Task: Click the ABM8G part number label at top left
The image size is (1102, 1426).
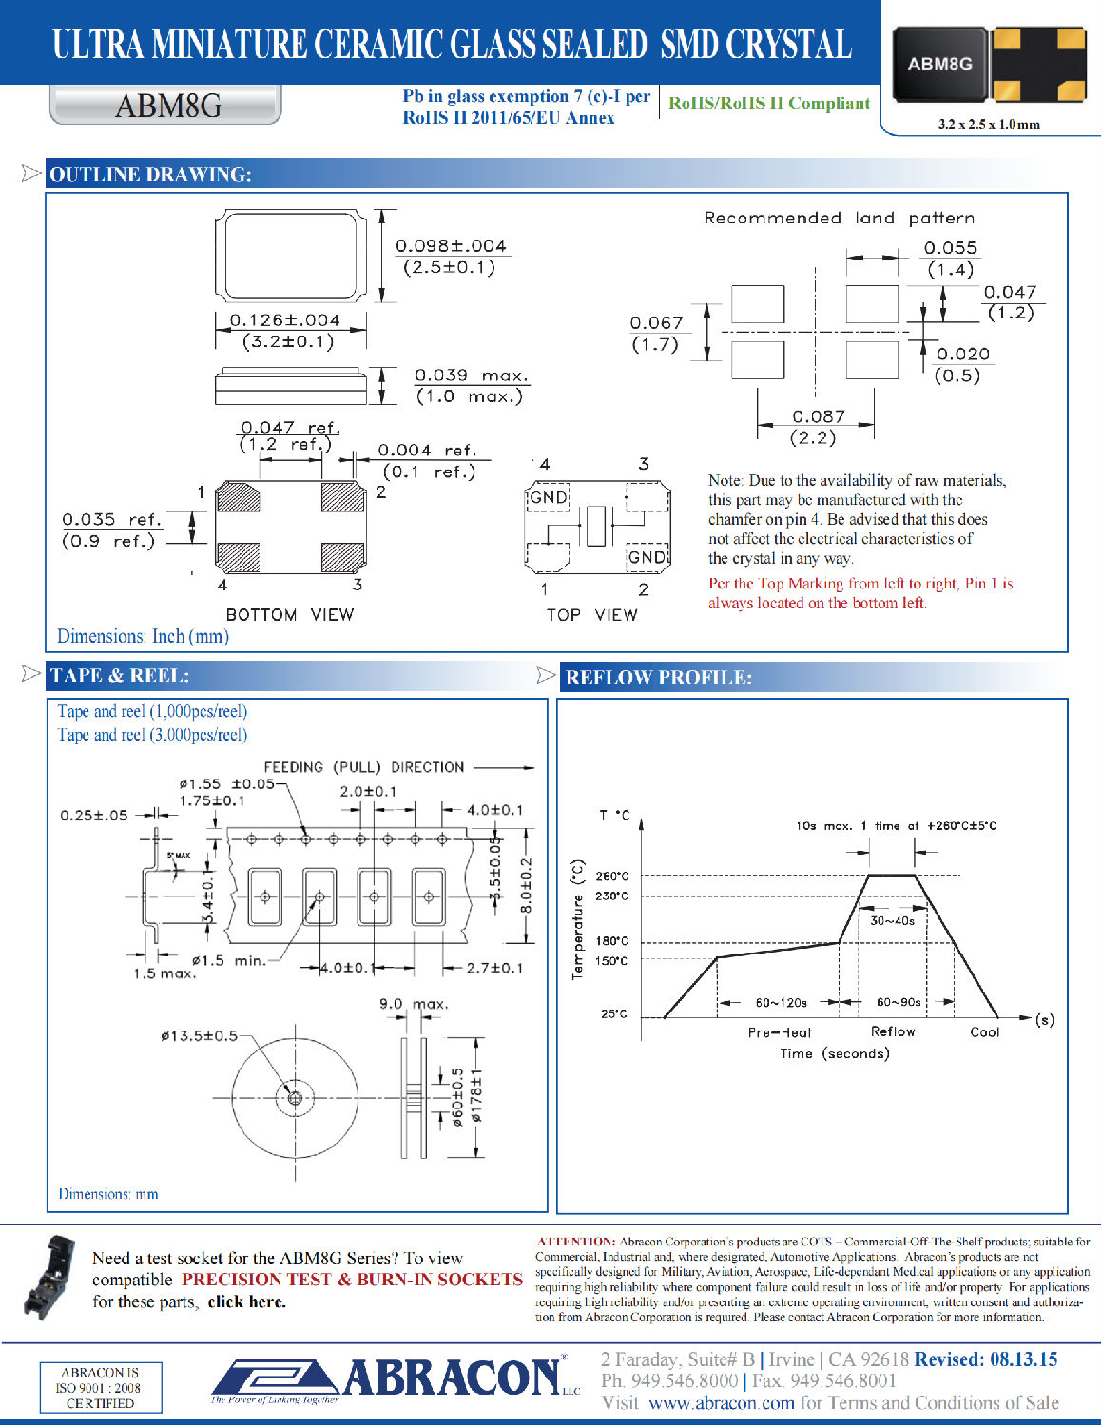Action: click(167, 105)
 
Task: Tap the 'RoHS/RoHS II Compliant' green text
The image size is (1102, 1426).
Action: click(768, 104)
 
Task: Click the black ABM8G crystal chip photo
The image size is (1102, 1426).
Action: click(939, 64)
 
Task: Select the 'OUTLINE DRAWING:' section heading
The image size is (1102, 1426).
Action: click(150, 174)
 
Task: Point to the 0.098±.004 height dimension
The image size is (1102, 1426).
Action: click(451, 245)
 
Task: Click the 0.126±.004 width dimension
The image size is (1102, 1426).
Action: click(284, 320)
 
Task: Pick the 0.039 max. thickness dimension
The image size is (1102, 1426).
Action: click(472, 376)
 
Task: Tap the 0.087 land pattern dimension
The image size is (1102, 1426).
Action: click(818, 416)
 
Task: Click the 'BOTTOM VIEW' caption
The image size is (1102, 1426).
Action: click(289, 615)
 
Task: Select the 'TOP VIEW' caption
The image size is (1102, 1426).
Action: click(591, 615)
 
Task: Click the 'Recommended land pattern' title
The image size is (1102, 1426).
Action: click(839, 218)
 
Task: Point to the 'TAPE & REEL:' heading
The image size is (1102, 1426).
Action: click(120, 676)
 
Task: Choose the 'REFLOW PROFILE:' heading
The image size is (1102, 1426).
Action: click(658, 677)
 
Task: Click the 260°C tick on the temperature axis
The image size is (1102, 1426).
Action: click(611, 876)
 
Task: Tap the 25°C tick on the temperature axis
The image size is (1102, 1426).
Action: click(613, 1013)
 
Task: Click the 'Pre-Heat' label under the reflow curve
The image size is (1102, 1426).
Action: click(780, 1032)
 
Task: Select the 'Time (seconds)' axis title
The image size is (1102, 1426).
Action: click(834, 1053)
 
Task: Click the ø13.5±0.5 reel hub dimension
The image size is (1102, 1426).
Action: click(199, 1035)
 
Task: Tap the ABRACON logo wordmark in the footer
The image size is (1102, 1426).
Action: click(451, 1378)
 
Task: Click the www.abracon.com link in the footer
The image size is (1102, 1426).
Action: click(721, 1403)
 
